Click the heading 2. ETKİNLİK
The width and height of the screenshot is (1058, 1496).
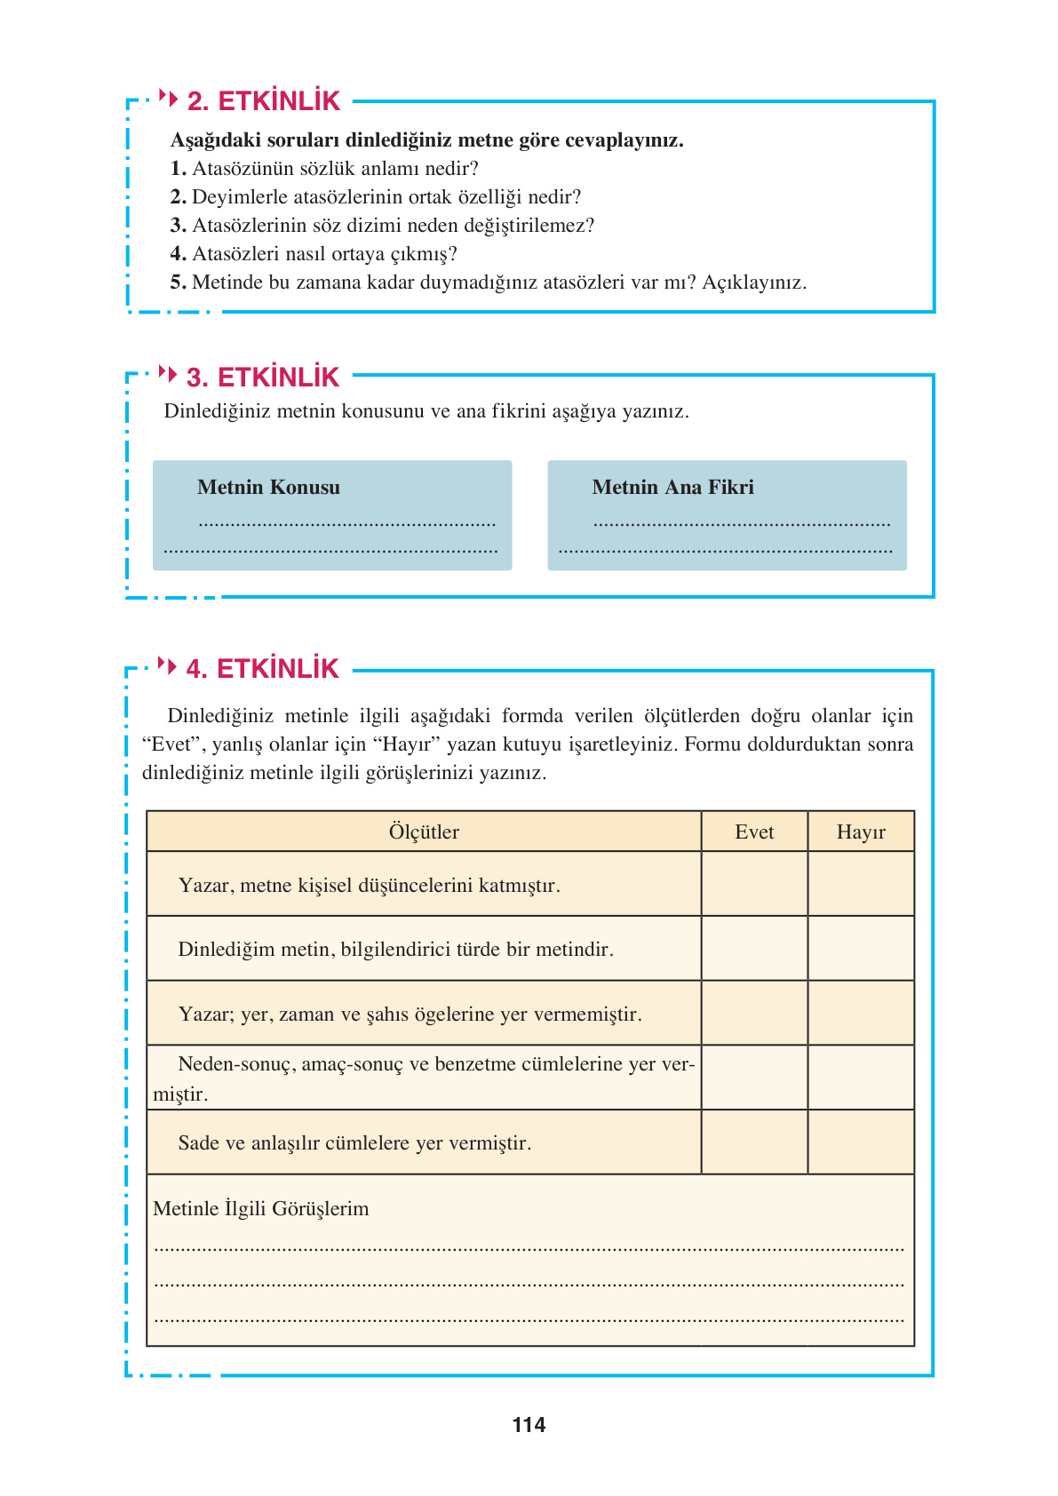[x=263, y=101]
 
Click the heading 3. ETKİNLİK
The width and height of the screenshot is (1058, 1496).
[x=263, y=378]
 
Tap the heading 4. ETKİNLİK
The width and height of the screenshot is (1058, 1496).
[x=262, y=669]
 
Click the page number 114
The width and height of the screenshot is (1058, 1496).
[x=529, y=1425]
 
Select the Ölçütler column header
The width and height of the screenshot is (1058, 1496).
[x=424, y=832]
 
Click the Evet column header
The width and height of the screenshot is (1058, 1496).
[x=754, y=832]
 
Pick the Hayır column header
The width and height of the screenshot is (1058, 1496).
[x=861, y=832]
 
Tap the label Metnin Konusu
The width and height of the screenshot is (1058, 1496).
[x=268, y=487]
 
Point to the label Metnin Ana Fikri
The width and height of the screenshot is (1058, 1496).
[x=672, y=487]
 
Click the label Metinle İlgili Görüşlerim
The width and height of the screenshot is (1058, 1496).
[x=260, y=1208]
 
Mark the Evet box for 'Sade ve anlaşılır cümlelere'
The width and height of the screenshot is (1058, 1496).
[x=754, y=1142]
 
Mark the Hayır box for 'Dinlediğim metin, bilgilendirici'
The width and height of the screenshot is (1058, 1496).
[x=861, y=949]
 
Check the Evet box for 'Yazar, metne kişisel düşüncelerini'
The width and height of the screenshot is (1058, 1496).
[x=754, y=884]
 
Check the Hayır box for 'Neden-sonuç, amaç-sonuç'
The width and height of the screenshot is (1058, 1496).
[x=861, y=1078]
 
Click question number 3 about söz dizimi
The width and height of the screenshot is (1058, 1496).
[x=178, y=226]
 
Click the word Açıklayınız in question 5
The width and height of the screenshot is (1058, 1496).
[x=753, y=282]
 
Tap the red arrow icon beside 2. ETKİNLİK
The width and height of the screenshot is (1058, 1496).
[x=168, y=98]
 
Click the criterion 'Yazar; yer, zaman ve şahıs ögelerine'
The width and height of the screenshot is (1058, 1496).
[x=410, y=1014]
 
